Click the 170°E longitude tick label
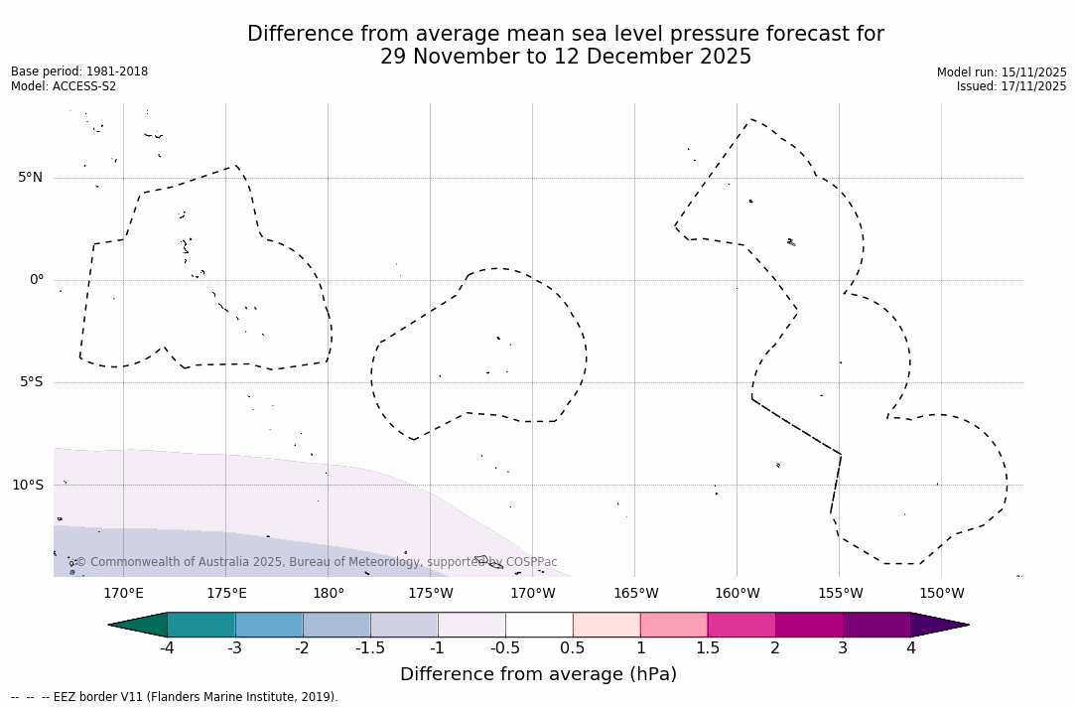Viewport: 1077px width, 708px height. click(x=123, y=594)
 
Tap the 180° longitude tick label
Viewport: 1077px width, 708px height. click(x=328, y=594)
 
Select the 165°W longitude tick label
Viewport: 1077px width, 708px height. click(x=635, y=594)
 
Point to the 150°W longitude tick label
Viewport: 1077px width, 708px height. click(x=941, y=594)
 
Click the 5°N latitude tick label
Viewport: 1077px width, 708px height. click(x=30, y=178)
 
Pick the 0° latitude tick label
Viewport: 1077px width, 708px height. click(x=36, y=280)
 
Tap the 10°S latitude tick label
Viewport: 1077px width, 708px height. click(x=27, y=486)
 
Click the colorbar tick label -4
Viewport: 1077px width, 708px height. click(x=167, y=648)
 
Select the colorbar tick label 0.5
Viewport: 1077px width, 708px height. click(x=573, y=648)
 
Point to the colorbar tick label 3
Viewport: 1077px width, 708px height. click(x=843, y=648)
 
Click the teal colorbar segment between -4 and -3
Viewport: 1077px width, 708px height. click(x=202, y=625)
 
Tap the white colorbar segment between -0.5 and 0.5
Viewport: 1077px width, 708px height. click(x=539, y=625)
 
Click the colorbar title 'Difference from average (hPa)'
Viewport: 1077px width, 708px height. click(x=538, y=674)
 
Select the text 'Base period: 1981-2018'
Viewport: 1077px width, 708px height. click(x=79, y=71)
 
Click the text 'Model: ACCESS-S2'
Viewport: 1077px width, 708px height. click(x=64, y=86)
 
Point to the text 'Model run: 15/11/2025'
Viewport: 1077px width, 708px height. click(x=1002, y=72)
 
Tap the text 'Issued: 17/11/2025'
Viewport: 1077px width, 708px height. click(x=1011, y=86)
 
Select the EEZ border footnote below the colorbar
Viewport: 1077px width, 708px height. click(x=175, y=697)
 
